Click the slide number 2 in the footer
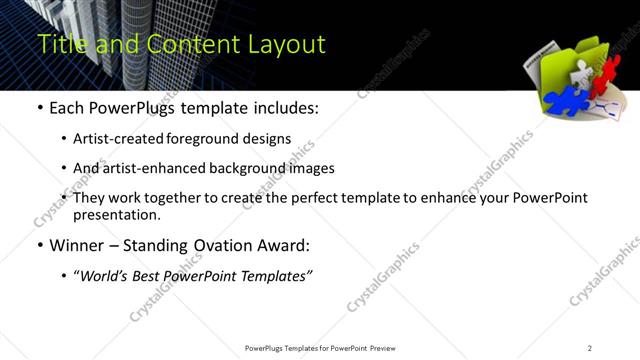(590, 348)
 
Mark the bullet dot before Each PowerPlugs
(39, 108)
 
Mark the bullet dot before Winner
(39, 246)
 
